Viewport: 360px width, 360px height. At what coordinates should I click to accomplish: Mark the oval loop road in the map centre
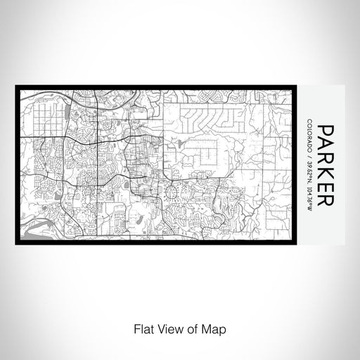click(172, 190)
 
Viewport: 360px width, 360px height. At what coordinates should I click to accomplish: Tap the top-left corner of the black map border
click(17, 87)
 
